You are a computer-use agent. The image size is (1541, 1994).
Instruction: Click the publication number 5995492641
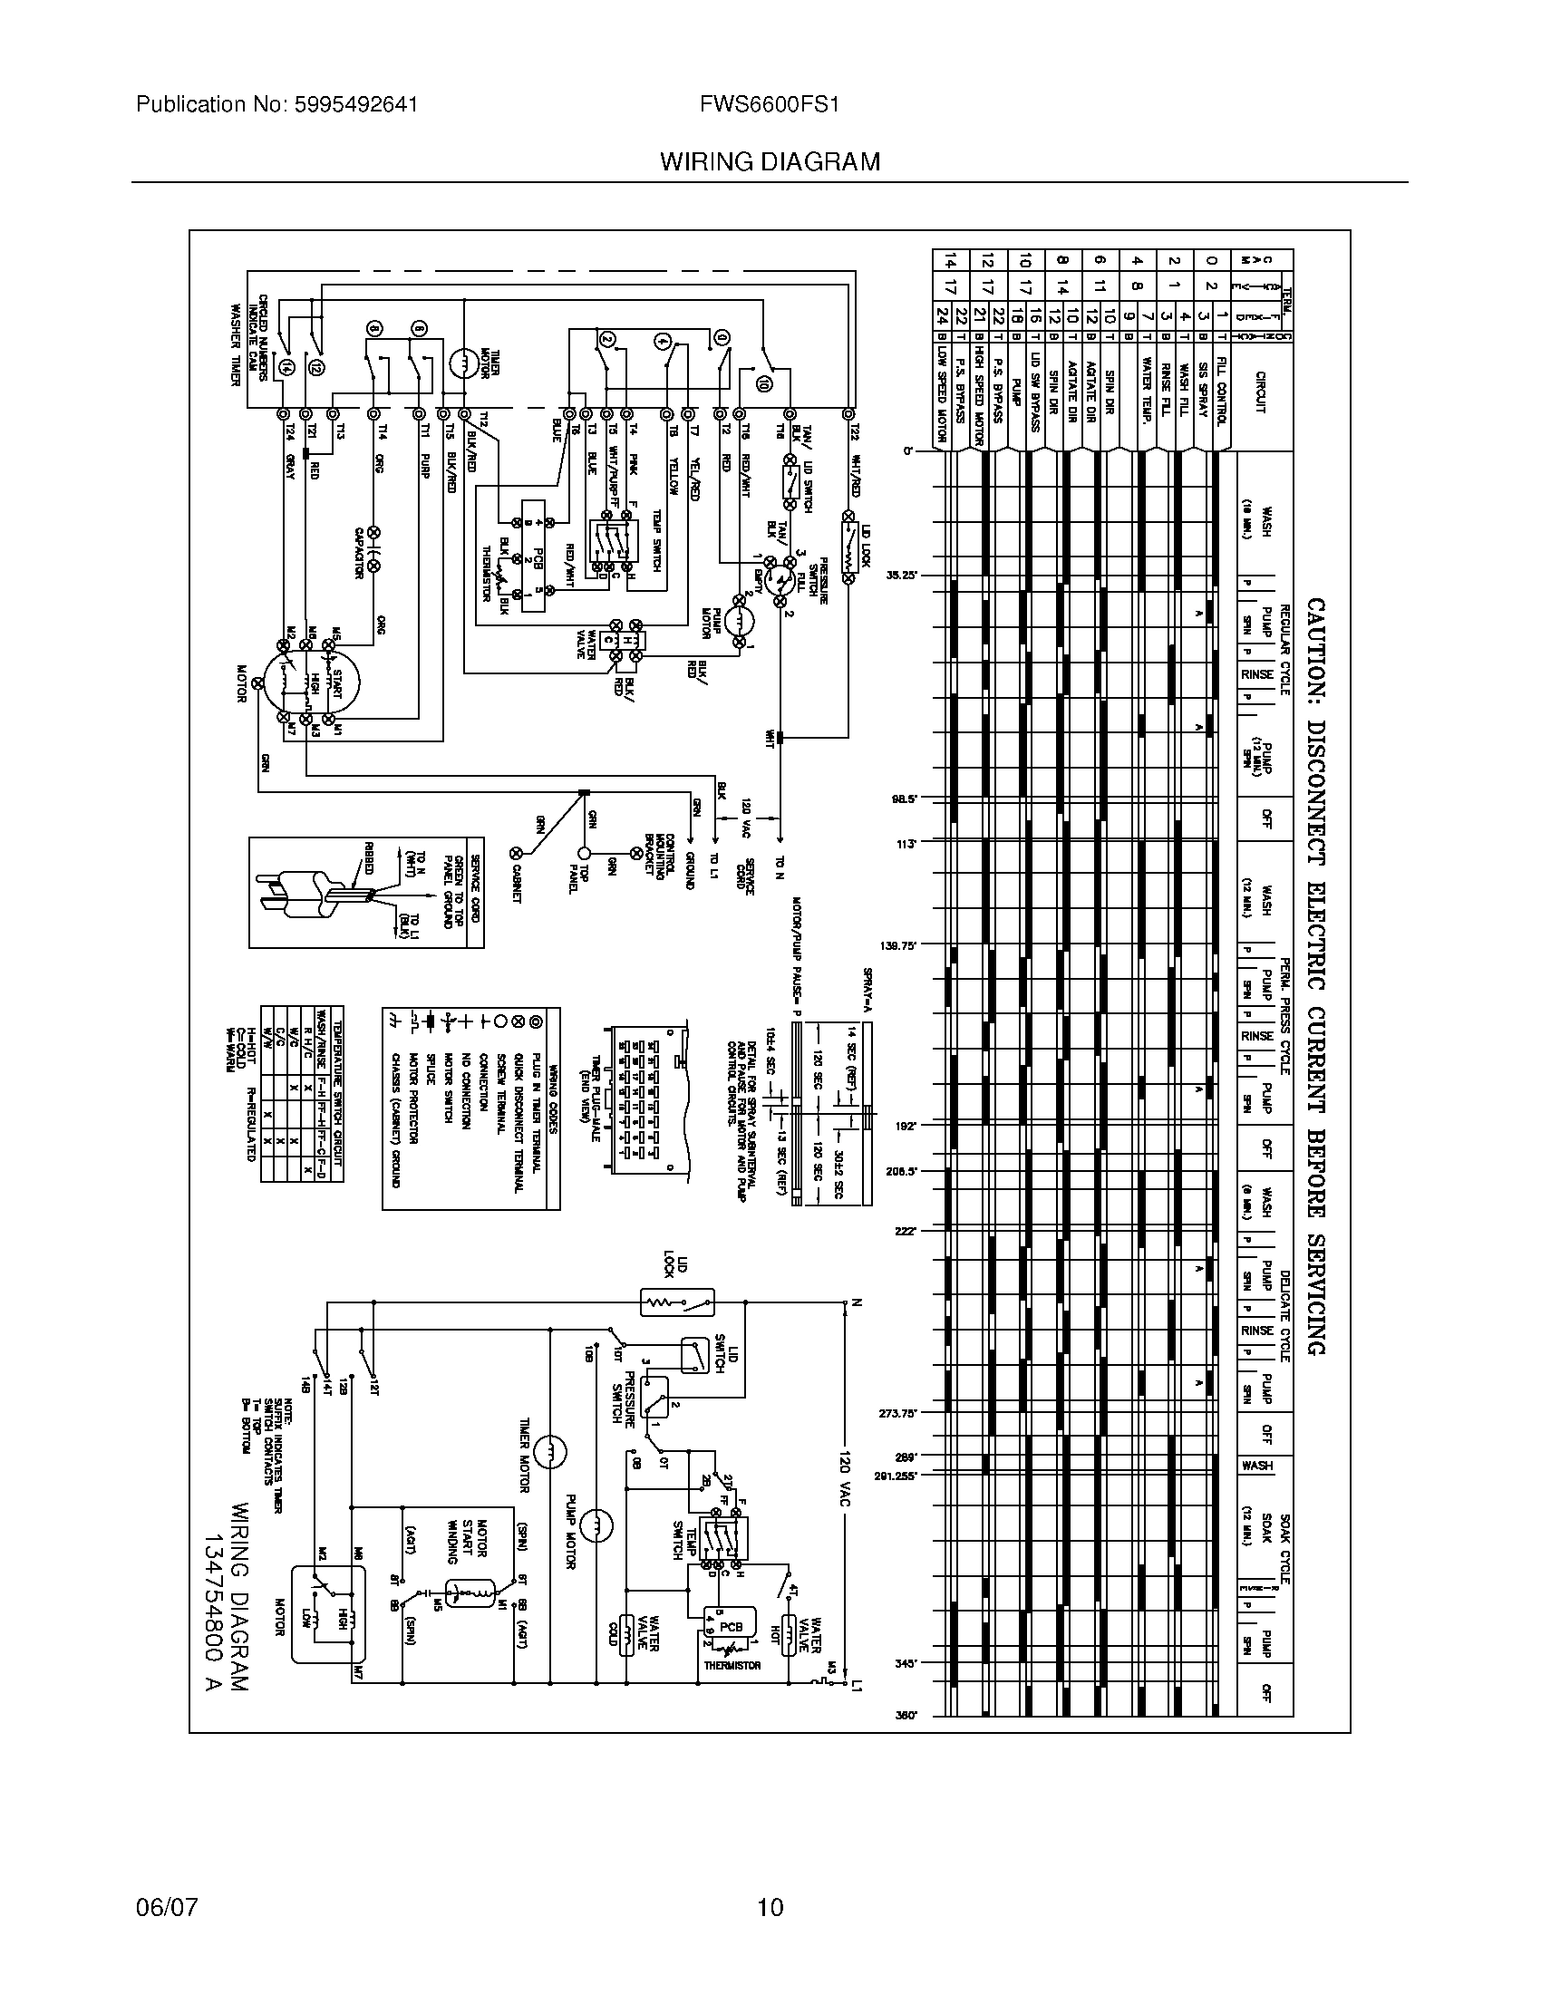[358, 105]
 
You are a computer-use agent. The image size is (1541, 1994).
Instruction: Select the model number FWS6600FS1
[769, 105]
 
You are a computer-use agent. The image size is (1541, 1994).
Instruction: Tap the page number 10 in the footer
[770, 1907]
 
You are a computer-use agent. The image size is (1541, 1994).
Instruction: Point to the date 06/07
[166, 1907]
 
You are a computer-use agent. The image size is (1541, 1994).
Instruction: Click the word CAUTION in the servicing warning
[1314, 649]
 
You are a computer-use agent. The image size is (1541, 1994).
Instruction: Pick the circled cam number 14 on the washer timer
[288, 368]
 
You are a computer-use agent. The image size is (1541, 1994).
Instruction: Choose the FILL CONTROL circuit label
[1222, 391]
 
